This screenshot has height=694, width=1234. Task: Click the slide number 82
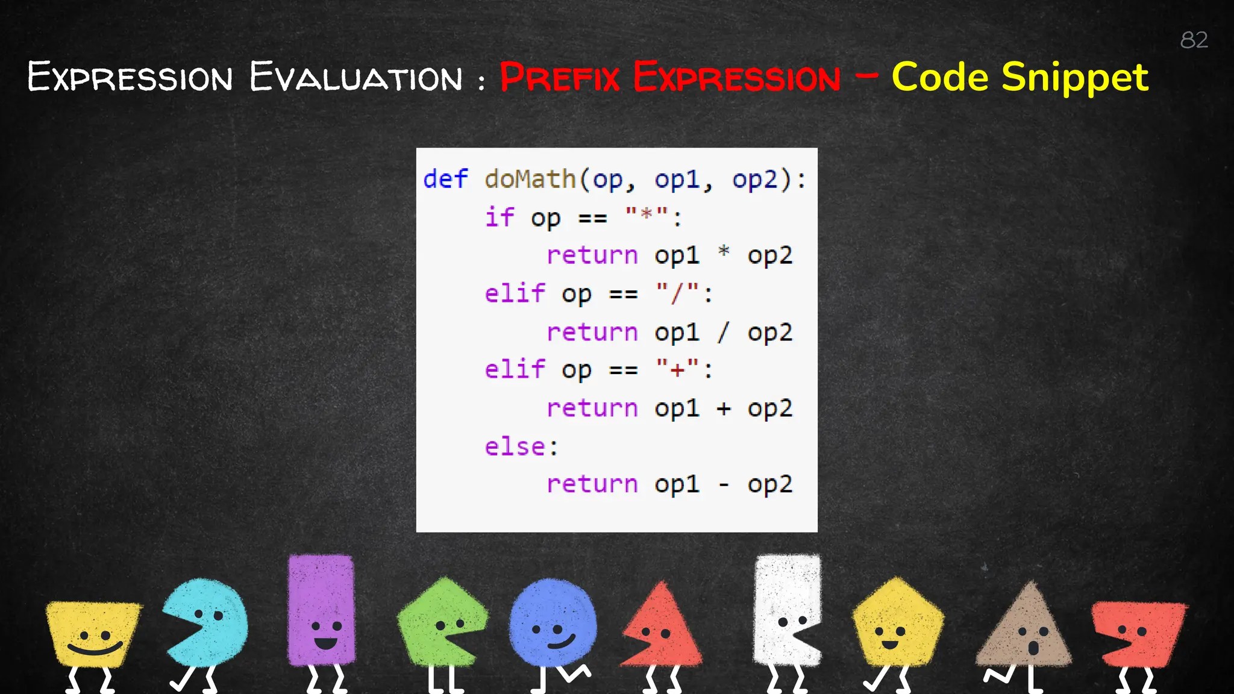tap(1194, 40)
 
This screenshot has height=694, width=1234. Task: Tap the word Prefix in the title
tap(559, 78)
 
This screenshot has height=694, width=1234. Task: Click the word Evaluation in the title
tap(355, 78)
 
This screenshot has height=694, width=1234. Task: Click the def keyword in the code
tap(445, 179)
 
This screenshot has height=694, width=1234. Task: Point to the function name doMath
tap(530, 179)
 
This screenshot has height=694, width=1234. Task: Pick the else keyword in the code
tap(515, 446)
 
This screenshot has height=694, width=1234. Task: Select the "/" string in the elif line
tap(677, 293)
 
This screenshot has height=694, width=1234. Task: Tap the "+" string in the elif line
tap(677, 369)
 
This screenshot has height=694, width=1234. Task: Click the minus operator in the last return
tap(724, 484)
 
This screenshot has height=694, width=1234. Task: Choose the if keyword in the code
tap(500, 217)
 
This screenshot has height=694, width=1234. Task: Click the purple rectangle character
tap(322, 608)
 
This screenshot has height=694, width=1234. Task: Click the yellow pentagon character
tap(897, 624)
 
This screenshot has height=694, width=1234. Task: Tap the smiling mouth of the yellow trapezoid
tap(95, 649)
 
